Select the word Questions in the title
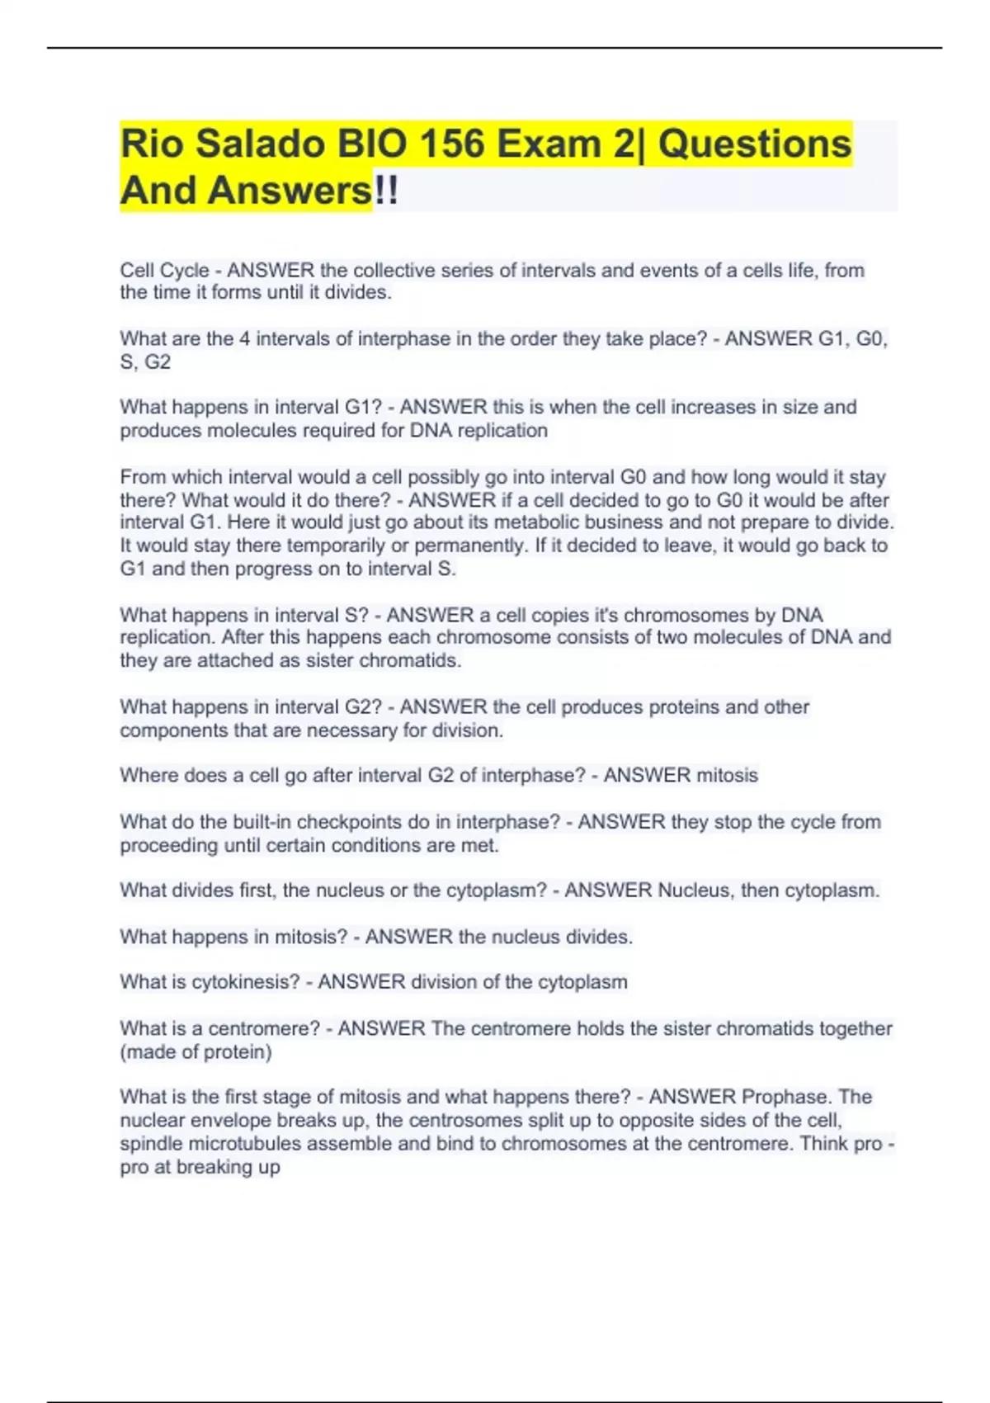(x=754, y=144)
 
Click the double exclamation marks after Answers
(x=386, y=191)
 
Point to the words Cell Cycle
(x=164, y=271)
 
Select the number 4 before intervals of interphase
(x=245, y=339)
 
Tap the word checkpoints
(x=342, y=822)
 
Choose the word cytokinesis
(x=245, y=982)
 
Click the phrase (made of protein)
(x=196, y=1052)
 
